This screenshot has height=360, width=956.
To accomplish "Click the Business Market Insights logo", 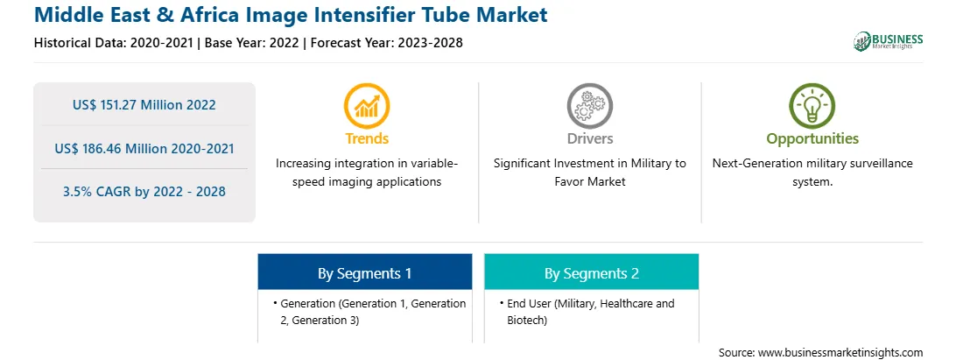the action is point(889,41).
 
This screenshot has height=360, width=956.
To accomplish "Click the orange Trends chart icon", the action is point(367,106).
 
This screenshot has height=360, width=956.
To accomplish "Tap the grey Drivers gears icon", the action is point(589,106).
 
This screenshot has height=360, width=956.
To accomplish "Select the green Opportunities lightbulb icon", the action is point(812,106).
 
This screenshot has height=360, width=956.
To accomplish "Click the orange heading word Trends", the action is point(367,138).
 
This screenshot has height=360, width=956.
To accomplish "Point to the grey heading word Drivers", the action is point(589,138).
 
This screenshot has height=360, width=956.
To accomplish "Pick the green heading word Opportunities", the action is point(812,139).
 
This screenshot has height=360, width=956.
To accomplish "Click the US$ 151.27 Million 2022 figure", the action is point(144,105).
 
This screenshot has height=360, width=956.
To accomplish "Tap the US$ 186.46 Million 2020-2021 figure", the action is point(144,148).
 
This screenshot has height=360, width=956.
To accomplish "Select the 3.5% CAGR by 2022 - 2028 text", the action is point(144,192).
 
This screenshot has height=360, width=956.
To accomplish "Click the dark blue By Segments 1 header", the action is point(364,272).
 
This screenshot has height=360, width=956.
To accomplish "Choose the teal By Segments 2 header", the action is point(592,272).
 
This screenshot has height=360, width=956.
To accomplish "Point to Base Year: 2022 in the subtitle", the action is point(252,43).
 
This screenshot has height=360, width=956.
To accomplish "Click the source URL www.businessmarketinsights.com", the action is point(840,353).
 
